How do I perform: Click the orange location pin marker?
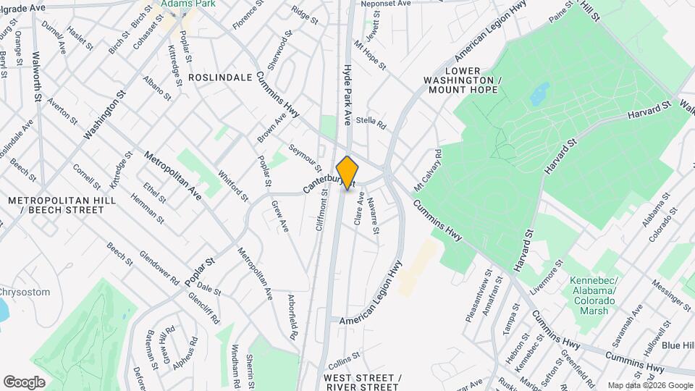coord(347,173)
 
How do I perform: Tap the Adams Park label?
coord(179,4)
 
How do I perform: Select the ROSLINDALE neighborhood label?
coord(220,77)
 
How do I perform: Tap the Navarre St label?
coord(374,216)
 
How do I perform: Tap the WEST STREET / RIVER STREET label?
coord(363,383)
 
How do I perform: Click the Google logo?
coord(23,382)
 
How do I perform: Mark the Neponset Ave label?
coord(390,4)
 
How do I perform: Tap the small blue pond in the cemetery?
coord(539,93)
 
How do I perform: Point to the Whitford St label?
coord(233,187)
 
